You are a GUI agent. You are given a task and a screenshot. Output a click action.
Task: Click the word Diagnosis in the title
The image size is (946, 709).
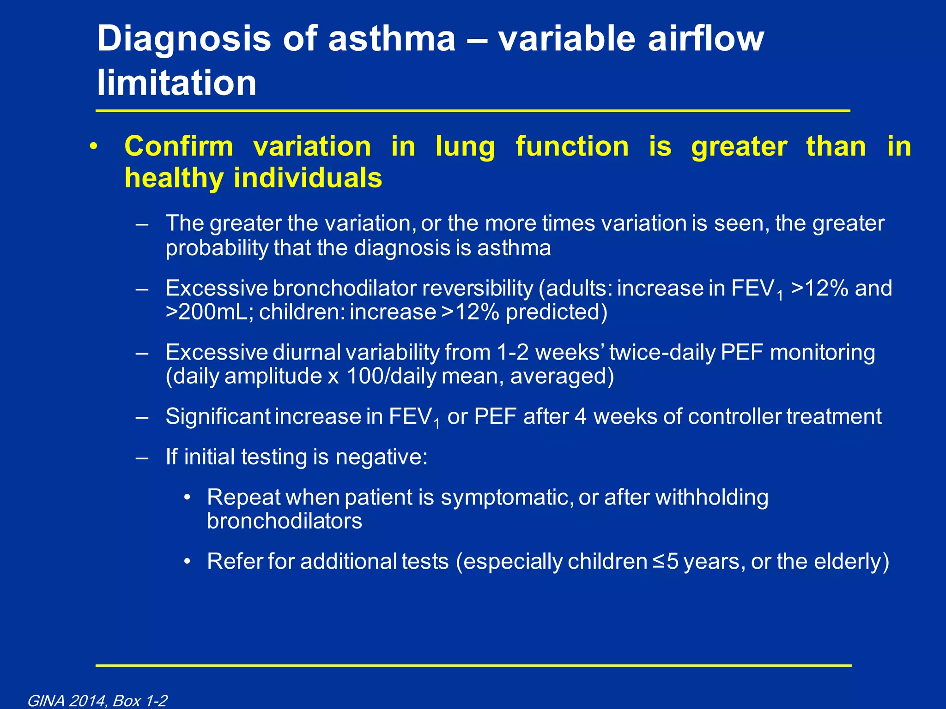click(184, 40)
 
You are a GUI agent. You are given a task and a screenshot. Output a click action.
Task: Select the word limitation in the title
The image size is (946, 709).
click(176, 83)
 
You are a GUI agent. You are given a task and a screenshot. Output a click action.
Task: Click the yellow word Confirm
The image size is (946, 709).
click(179, 147)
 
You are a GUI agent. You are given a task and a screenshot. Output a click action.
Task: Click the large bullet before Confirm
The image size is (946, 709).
click(94, 147)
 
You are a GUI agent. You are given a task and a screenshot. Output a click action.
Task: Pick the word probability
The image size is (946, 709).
click(217, 248)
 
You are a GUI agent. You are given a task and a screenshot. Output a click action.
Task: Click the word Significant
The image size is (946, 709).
click(218, 417)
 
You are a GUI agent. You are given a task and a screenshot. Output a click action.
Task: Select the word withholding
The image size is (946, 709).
click(711, 498)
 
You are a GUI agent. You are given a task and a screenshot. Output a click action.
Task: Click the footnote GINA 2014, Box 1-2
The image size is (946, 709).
click(97, 701)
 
